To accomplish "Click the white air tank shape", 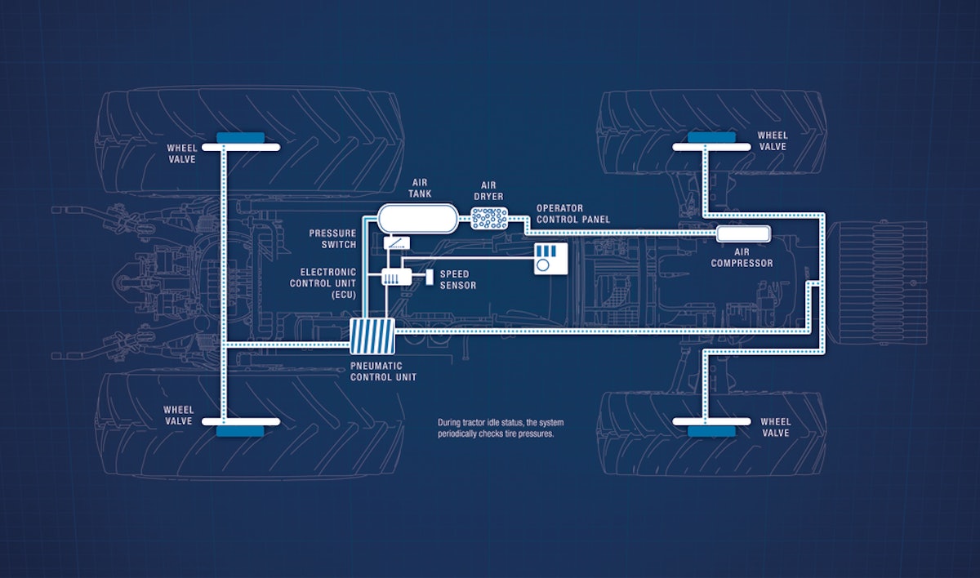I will pos(416,219).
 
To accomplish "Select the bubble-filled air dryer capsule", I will pos(488,218).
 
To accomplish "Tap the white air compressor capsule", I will pos(743,233).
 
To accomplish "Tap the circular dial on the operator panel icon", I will pos(543,265).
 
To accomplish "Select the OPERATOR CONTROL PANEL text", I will pos(572,214).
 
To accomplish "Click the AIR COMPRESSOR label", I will pos(742,258).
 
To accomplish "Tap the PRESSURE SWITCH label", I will pos(332,238).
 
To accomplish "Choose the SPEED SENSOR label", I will pos(457,279).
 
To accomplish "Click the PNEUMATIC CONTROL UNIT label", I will pos(383,371).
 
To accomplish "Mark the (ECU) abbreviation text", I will pos(339,295).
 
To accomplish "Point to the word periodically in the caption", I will pos(461,434).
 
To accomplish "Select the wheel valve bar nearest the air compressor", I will pos(710,147).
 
